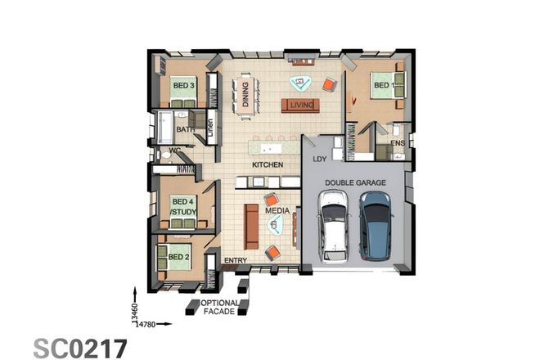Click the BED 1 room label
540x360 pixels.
(x=384, y=84)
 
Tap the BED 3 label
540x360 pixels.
(x=182, y=84)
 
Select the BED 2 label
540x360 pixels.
(x=179, y=257)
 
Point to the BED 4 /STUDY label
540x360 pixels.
(x=182, y=207)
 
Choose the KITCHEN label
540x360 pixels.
(x=268, y=165)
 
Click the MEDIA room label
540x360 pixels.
(x=277, y=211)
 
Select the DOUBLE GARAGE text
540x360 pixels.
(x=355, y=182)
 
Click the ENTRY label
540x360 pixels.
(x=236, y=261)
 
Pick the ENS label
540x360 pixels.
(x=398, y=144)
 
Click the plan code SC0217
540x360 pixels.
(x=80, y=347)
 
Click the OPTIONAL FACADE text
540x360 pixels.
(x=219, y=307)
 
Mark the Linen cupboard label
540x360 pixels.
(x=210, y=128)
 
